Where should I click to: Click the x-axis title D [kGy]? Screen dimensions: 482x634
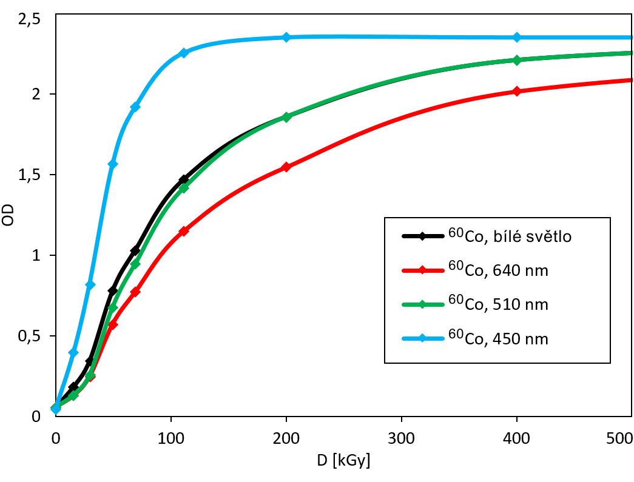pos(343,460)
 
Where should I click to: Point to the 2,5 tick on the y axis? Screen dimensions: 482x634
pos(29,21)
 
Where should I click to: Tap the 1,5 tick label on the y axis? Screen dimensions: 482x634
pos(29,175)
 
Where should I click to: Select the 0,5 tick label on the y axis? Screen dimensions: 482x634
pos(29,336)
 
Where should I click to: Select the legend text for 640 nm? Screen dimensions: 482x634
pos(497,270)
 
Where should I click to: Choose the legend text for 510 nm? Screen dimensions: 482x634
pos(497,304)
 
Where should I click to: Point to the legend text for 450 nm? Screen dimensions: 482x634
pos(497,338)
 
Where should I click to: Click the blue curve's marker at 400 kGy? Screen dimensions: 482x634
pos(517,38)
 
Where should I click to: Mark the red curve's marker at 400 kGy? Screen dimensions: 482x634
pos(517,92)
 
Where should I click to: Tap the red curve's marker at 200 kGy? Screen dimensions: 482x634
pos(286,167)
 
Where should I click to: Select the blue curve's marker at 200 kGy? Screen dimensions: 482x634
pos(286,38)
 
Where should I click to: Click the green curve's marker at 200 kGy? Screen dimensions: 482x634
pos(286,117)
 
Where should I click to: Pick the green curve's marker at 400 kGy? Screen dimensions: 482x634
pos(517,60)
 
